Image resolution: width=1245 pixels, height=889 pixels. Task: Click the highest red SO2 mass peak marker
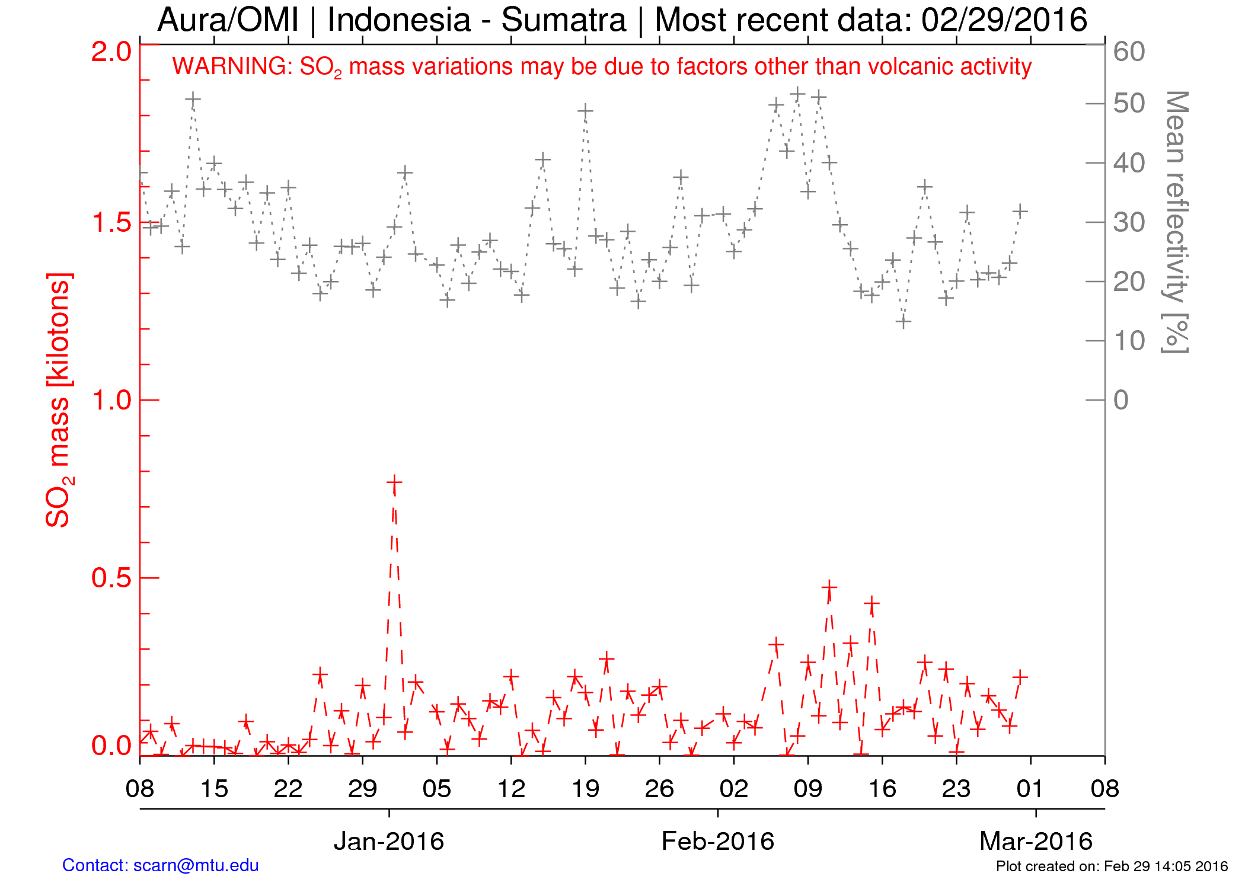pyautogui.click(x=394, y=483)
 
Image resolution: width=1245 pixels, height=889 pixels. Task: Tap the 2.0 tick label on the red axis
pyautogui.click(x=111, y=52)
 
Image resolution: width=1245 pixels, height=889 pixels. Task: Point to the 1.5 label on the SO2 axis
pyautogui.click(x=111, y=223)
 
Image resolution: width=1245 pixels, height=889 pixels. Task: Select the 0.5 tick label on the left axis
pyautogui.click(x=111, y=578)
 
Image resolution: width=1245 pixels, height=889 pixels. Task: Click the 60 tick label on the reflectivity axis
pyautogui.click(x=1129, y=52)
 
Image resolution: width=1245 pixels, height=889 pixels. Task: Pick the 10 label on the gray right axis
pyautogui.click(x=1129, y=341)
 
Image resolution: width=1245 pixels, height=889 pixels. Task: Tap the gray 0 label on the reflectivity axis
pyautogui.click(x=1120, y=400)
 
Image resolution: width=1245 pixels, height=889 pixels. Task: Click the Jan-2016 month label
pyautogui.click(x=389, y=841)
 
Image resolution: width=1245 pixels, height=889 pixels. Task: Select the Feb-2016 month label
pyautogui.click(x=717, y=841)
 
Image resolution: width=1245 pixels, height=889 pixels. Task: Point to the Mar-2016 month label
pyautogui.click(x=1036, y=841)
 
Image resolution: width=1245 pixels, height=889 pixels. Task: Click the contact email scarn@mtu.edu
pyautogui.click(x=196, y=865)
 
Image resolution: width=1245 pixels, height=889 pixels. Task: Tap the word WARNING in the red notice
pyautogui.click(x=232, y=66)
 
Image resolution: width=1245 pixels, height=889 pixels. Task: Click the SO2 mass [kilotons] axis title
pyautogui.click(x=59, y=400)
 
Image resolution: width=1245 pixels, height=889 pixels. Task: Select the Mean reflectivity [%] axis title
pyautogui.click(x=1176, y=222)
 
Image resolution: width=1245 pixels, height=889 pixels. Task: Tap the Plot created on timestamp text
pyautogui.click(x=1112, y=866)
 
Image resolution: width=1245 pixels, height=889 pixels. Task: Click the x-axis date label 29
pyautogui.click(x=362, y=789)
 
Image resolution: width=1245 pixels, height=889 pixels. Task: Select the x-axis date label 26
pyautogui.click(x=659, y=789)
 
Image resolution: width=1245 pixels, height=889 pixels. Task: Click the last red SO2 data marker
pyautogui.click(x=1020, y=676)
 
